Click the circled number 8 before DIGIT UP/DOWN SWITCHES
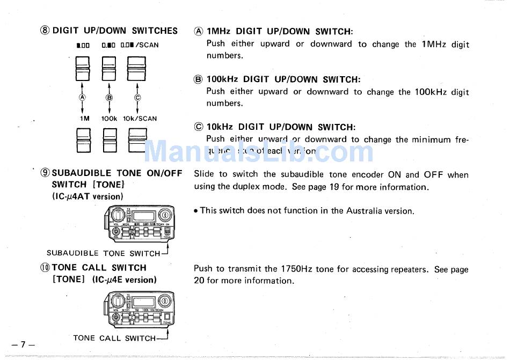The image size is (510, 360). [45, 31]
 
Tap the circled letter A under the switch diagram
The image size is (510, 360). [82, 98]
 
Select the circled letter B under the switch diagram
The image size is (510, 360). [110, 98]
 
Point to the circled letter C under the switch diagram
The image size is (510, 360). [137, 98]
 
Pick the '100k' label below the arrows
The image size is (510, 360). [110, 119]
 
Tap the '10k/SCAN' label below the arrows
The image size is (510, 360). [140, 119]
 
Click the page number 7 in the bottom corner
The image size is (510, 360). [23, 343]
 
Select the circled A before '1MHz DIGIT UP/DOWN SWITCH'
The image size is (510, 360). [199, 32]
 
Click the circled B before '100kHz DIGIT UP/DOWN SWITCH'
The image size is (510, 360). [199, 79]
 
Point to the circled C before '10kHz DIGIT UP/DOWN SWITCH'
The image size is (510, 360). [199, 127]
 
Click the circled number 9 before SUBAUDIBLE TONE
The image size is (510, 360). [45, 173]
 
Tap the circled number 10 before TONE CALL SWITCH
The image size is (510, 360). [45, 268]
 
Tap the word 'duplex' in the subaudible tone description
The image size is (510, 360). [263, 187]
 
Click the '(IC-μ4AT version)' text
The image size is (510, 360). [88, 196]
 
